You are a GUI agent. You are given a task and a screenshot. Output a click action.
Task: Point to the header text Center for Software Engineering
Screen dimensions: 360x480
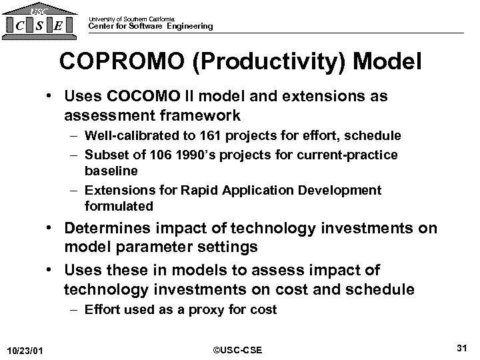[x=151, y=27]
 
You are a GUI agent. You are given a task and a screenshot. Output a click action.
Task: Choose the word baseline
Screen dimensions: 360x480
[x=110, y=171]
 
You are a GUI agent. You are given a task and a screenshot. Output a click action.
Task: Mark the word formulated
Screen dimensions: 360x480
[x=119, y=206]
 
